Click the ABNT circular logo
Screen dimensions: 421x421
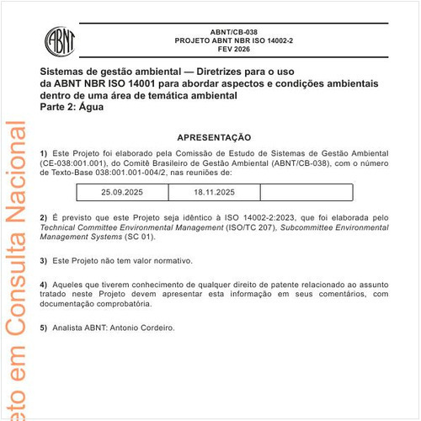pyautogui.click(x=60, y=39)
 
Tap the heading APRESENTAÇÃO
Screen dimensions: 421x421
pyautogui.click(x=214, y=136)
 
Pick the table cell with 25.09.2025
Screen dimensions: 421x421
pyautogui.click(x=122, y=193)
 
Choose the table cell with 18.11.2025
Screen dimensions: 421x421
pyautogui.click(x=214, y=193)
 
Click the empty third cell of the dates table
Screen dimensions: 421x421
pyautogui.click(x=305, y=193)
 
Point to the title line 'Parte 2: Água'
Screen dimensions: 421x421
pyautogui.click(x=72, y=107)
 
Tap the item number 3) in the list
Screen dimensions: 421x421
pyautogui.click(x=44, y=261)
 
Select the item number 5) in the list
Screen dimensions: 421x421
pyautogui.click(x=44, y=328)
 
